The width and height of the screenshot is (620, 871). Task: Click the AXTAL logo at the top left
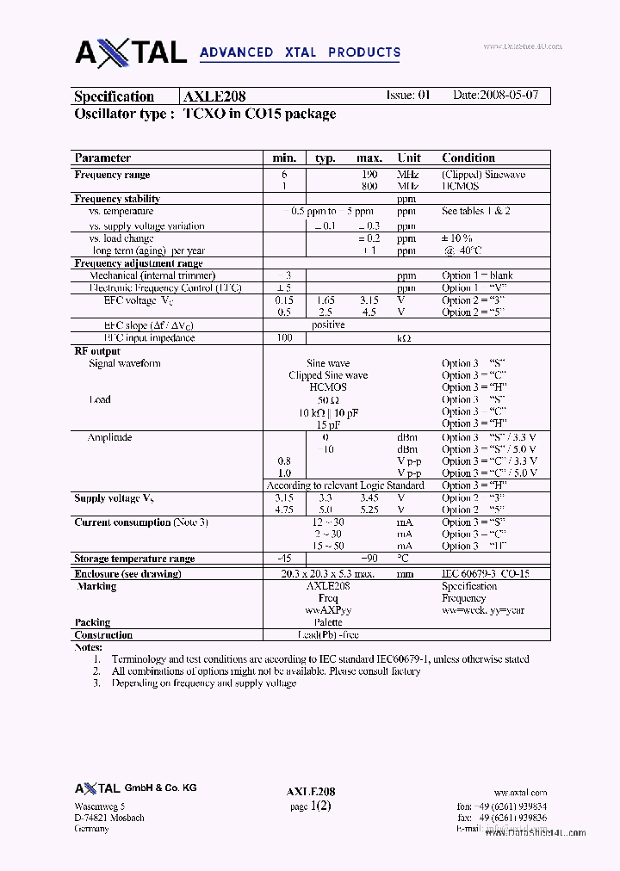tap(131, 53)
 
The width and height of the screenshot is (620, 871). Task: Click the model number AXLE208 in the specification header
tap(214, 96)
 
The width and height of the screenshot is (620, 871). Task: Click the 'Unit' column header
tap(409, 158)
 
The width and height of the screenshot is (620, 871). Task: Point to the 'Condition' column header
tap(468, 158)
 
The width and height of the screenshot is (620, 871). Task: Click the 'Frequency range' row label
tap(112, 175)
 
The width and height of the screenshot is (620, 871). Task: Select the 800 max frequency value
tap(369, 186)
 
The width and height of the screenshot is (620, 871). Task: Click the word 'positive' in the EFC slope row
tap(327, 325)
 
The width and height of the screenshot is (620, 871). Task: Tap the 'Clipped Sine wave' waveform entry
tap(327, 375)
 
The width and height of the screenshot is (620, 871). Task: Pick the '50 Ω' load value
tap(327, 400)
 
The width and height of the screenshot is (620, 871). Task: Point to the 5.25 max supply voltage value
tap(369, 510)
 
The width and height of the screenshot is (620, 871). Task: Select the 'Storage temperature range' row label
tap(134, 559)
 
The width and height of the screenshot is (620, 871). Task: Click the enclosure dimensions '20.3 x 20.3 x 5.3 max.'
tap(327, 573)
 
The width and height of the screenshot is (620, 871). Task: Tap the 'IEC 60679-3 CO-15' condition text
tap(486, 573)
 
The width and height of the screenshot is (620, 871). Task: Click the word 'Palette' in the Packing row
tap(327, 622)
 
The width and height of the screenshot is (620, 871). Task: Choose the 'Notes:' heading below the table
tap(89, 647)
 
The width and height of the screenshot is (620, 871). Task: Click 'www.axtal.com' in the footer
tap(520, 793)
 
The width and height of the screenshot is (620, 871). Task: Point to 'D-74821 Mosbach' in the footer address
tap(109, 818)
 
